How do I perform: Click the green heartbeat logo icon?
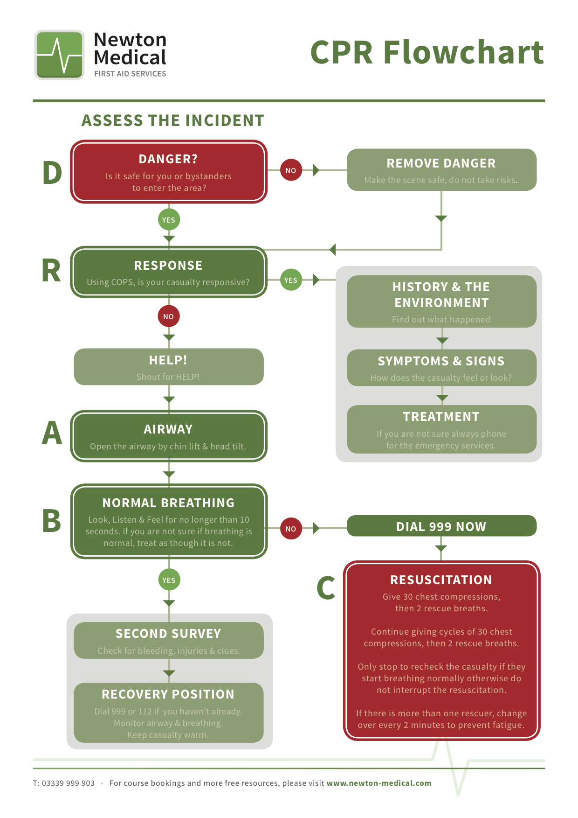tap(59, 55)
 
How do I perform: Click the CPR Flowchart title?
tap(427, 52)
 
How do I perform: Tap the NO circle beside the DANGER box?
tap(291, 170)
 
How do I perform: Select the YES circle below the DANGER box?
tap(169, 220)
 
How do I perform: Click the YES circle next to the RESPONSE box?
tap(291, 280)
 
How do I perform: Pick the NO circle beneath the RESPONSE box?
tap(169, 316)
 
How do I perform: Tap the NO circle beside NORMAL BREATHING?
tap(291, 529)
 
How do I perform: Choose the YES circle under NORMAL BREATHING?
tap(169, 580)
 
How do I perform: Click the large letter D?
tap(52, 173)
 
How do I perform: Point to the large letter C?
tap(326, 587)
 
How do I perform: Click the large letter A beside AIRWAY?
tap(52, 433)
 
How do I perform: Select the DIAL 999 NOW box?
tap(441, 526)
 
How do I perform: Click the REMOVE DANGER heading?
tap(441, 163)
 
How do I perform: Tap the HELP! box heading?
tap(168, 360)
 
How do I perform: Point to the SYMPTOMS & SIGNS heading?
tap(441, 361)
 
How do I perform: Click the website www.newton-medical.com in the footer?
tap(378, 783)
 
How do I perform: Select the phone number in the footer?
tap(64, 783)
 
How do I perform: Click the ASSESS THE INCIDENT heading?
tap(172, 120)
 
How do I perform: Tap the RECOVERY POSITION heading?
tap(168, 694)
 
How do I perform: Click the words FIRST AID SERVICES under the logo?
tap(130, 74)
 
